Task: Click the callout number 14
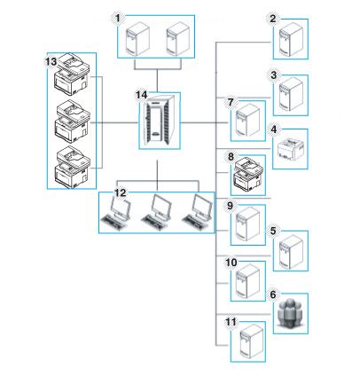(x=141, y=95)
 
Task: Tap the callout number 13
(x=51, y=62)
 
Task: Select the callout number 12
(x=120, y=193)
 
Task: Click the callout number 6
(x=273, y=294)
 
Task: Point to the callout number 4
(x=274, y=129)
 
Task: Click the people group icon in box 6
(x=291, y=314)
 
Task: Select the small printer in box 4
(x=291, y=148)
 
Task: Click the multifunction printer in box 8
(x=247, y=174)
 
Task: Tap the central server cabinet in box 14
(x=160, y=121)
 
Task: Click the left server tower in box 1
(x=137, y=38)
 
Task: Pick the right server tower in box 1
(x=177, y=38)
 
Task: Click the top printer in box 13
(x=72, y=74)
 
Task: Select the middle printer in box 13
(x=73, y=121)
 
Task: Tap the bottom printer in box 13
(x=73, y=167)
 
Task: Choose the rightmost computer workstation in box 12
(x=197, y=212)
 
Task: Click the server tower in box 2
(x=291, y=39)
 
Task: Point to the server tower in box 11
(x=251, y=341)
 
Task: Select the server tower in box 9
(x=248, y=224)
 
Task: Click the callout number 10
(x=231, y=262)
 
